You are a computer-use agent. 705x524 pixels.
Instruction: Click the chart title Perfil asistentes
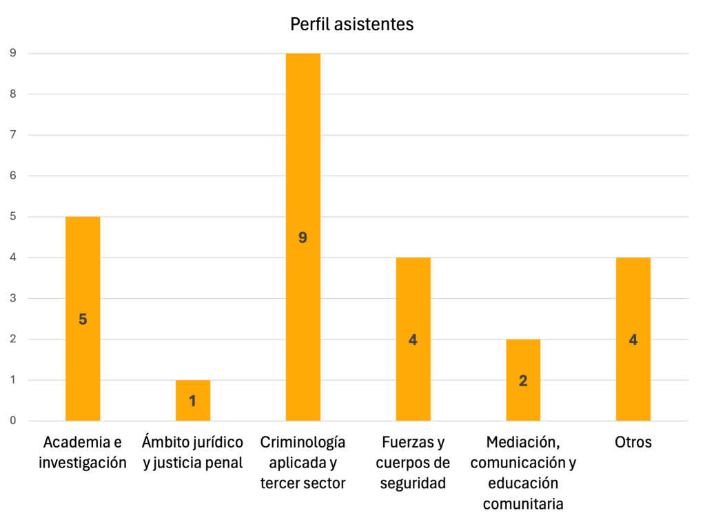tap(351, 25)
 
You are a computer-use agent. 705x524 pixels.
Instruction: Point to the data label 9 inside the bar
tap(303, 238)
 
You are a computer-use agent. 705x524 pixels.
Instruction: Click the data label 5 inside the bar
tap(83, 319)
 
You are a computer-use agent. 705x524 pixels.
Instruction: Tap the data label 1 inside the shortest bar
tap(193, 401)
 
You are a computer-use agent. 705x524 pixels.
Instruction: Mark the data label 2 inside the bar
tap(523, 381)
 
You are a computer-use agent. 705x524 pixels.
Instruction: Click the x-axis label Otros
tap(633, 442)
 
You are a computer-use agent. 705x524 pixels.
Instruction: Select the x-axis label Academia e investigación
tap(83, 452)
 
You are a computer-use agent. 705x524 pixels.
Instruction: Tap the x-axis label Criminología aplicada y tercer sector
tap(303, 463)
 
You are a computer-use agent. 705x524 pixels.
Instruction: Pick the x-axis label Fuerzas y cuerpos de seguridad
tap(413, 463)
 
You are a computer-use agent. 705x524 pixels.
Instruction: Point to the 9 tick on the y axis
tap(12, 53)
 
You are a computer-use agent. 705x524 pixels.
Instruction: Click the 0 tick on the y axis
tap(12, 421)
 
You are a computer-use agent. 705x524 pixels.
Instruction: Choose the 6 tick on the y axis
tap(12, 176)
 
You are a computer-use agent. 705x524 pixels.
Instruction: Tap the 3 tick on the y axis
tap(12, 298)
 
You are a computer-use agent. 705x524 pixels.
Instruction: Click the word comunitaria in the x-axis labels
tap(523, 504)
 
